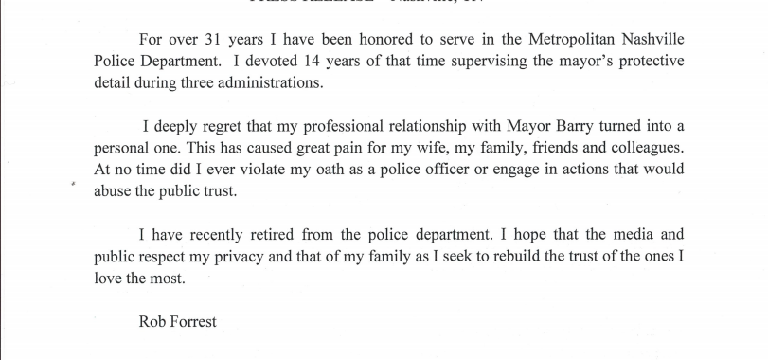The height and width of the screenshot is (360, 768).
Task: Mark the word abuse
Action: (x=115, y=189)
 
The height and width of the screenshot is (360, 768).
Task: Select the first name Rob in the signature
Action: (x=152, y=321)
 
